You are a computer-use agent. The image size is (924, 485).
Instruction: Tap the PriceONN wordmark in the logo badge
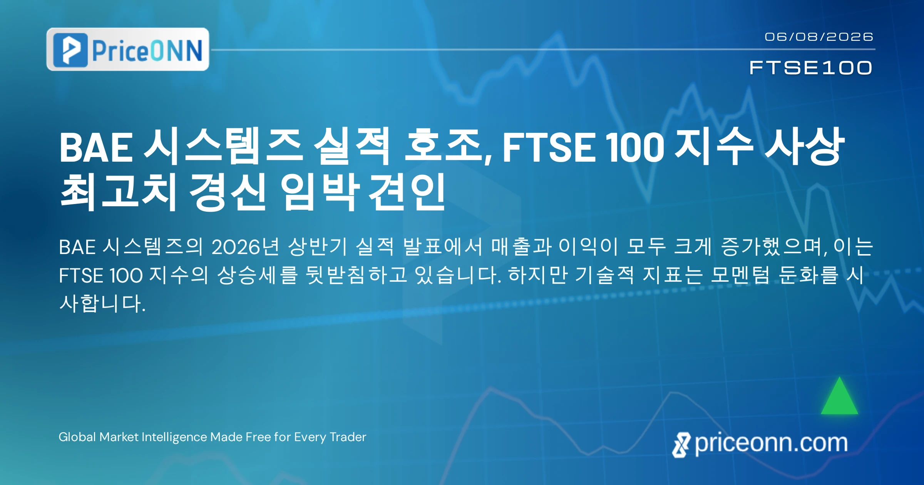tap(147, 50)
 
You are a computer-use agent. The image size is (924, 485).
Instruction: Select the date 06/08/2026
tap(819, 37)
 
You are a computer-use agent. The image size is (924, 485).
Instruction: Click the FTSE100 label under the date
tap(811, 68)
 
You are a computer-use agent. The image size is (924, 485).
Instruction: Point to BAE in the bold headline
tap(96, 147)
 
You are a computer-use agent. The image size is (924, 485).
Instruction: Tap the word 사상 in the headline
tap(804, 146)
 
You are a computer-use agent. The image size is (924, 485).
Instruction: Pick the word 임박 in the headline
tap(320, 191)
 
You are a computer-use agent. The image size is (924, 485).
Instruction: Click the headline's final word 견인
tap(407, 191)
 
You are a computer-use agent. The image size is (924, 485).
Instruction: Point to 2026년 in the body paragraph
tap(245, 247)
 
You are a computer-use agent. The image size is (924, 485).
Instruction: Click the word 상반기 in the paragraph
tap(318, 247)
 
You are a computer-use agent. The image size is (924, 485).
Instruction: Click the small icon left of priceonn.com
tap(681, 445)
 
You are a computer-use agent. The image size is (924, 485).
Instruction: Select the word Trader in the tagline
tap(348, 437)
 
